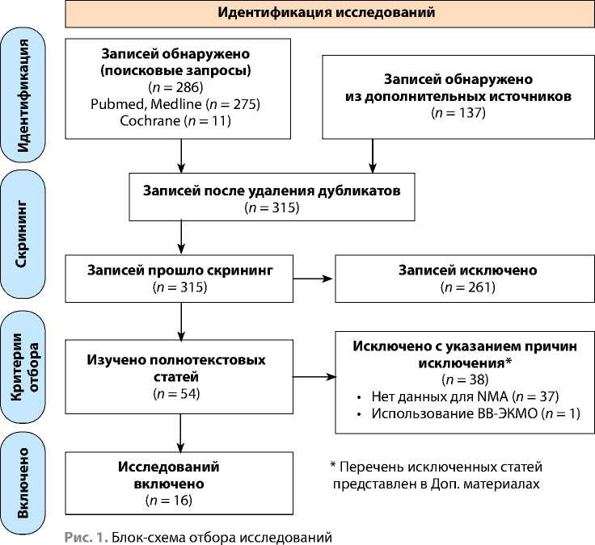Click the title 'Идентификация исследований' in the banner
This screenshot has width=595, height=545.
click(x=326, y=12)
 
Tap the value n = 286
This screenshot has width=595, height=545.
click(x=175, y=87)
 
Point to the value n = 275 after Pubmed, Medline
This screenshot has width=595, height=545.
click(x=233, y=104)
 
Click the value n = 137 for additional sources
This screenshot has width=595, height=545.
click(x=458, y=113)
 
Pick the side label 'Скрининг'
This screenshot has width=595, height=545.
click(x=21, y=234)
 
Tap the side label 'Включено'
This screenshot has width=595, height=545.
click(x=23, y=483)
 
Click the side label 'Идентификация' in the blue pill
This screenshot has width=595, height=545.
click(x=23, y=95)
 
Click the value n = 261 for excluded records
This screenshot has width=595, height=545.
click(x=468, y=287)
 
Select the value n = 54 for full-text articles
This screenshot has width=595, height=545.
click(x=177, y=394)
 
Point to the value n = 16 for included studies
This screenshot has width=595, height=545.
click(x=169, y=501)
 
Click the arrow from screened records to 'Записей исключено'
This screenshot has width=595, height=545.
click(x=313, y=279)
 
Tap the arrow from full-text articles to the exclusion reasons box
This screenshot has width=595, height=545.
click(x=314, y=377)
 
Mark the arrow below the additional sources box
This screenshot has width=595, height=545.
click(x=373, y=156)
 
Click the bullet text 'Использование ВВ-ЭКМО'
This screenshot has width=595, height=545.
click(x=454, y=413)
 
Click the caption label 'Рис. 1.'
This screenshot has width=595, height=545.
click(x=87, y=537)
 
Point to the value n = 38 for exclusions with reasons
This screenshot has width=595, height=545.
click(x=465, y=379)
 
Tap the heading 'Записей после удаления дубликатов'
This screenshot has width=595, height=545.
click(x=272, y=191)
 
